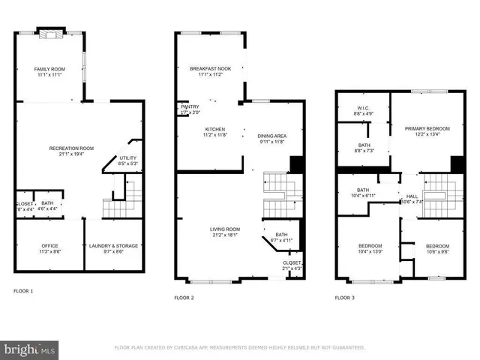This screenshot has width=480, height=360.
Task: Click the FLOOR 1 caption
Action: (23, 290)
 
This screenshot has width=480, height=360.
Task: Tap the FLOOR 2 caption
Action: (184, 298)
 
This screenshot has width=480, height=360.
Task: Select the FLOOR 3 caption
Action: (344, 298)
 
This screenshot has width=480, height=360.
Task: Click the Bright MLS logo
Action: (30, 349)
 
